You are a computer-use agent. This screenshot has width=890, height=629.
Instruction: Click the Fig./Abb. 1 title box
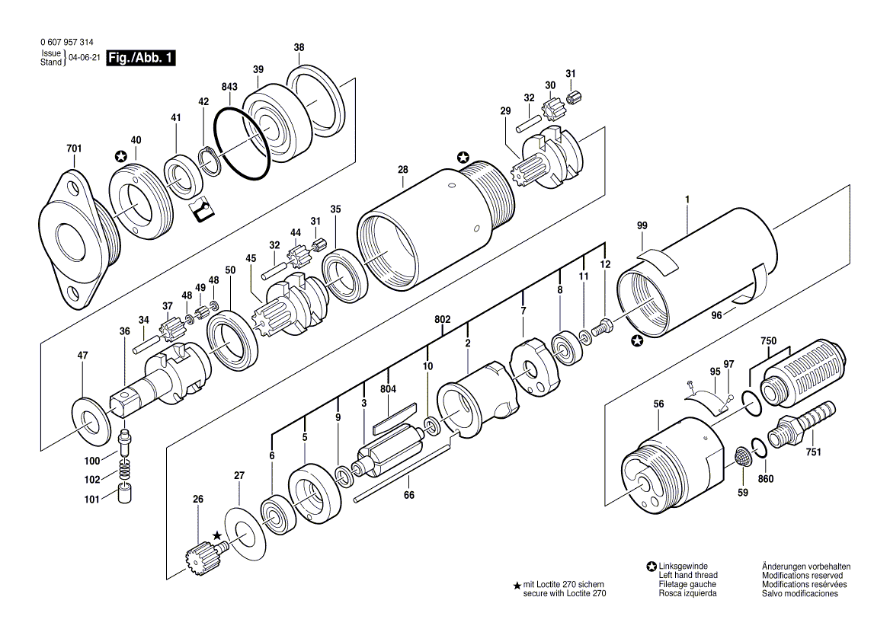click(x=141, y=58)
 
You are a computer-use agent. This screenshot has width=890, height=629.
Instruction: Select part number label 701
click(x=74, y=148)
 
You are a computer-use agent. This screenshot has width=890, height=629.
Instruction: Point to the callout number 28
click(x=403, y=170)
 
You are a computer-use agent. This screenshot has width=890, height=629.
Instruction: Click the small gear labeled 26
click(x=203, y=553)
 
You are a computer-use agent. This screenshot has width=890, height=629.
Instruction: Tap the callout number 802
click(x=443, y=320)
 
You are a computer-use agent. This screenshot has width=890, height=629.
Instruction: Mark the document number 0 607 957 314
click(x=67, y=43)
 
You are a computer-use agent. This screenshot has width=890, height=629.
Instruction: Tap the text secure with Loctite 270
click(x=564, y=594)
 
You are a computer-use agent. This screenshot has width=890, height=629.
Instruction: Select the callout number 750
click(x=769, y=341)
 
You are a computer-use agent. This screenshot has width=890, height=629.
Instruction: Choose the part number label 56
click(x=658, y=404)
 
